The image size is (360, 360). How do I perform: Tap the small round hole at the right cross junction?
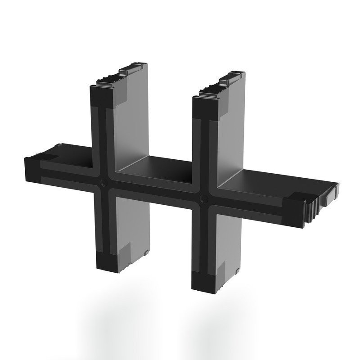pos(204,198)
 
